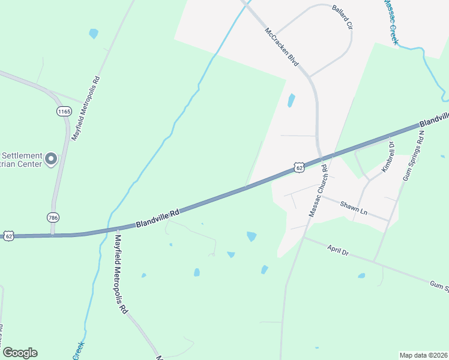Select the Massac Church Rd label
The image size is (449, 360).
click(x=319, y=190)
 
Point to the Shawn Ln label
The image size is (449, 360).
click(x=354, y=207)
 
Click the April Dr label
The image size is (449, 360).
click(x=338, y=250)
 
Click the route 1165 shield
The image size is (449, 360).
click(x=64, y=111)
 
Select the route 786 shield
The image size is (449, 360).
click(x=53, y=217)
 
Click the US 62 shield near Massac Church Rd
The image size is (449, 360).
click(x=300, y=168)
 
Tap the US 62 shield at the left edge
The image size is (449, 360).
click(x=7, y=235)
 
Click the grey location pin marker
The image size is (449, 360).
click(x=51, y=159)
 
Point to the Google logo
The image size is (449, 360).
click(x=20, y=353)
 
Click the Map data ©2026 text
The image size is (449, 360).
click(x=423, y=355)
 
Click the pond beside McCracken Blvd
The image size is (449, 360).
click(x=292, y=100)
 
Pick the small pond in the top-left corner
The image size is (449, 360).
click(x=93, y=34)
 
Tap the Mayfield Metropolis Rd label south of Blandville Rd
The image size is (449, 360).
click(x=120, y=274)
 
